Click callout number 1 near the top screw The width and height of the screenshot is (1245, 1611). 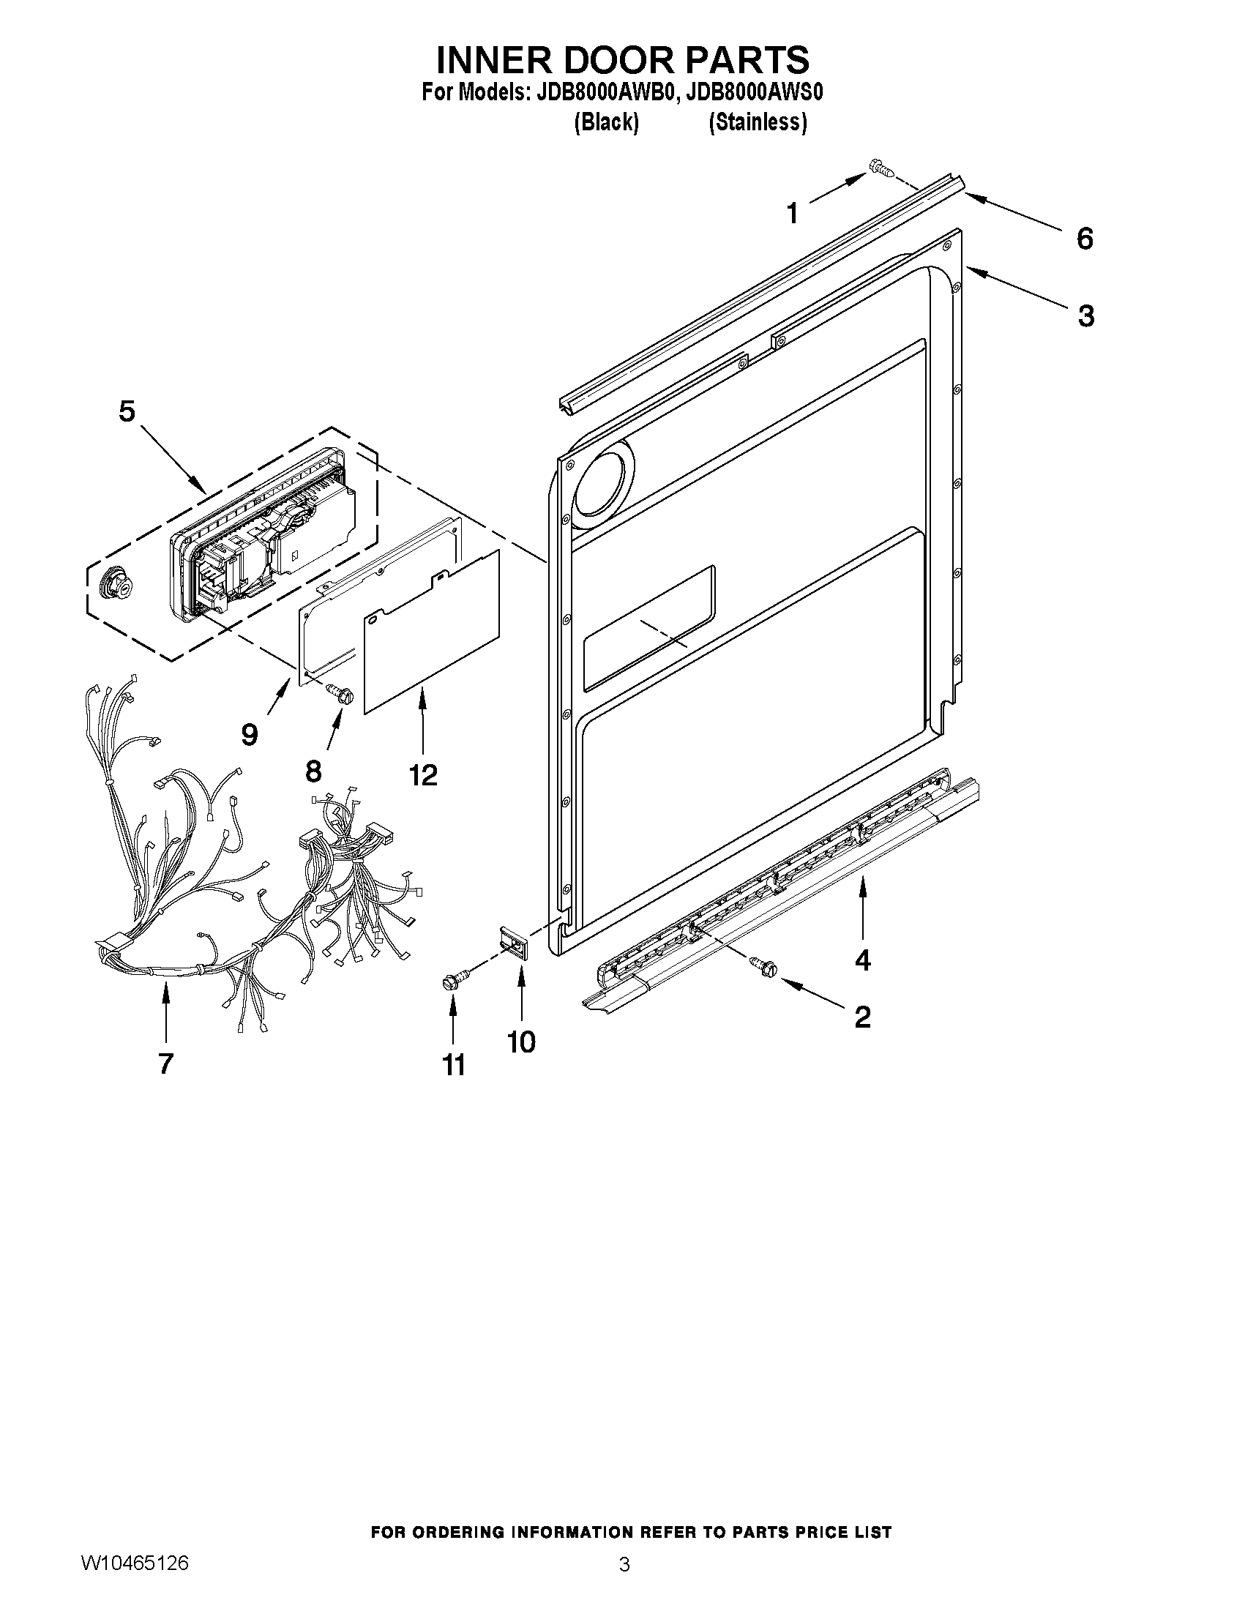(x=792, y=214)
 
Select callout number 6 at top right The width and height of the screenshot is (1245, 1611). (x=1084, y=239)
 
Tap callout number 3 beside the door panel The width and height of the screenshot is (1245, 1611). (x=1085, y=315)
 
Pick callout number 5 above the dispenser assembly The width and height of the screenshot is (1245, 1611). (x=127, y=411)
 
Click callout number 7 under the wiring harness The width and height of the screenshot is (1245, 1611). (x=165, y=1063)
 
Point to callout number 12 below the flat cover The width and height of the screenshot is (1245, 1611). (x=422, y=774)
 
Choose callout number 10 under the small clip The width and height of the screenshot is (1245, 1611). (x=521, y=1042)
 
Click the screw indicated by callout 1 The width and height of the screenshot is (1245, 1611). (x=881, y=168)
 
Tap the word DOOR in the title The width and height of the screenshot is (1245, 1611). (x=621, y=59)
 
